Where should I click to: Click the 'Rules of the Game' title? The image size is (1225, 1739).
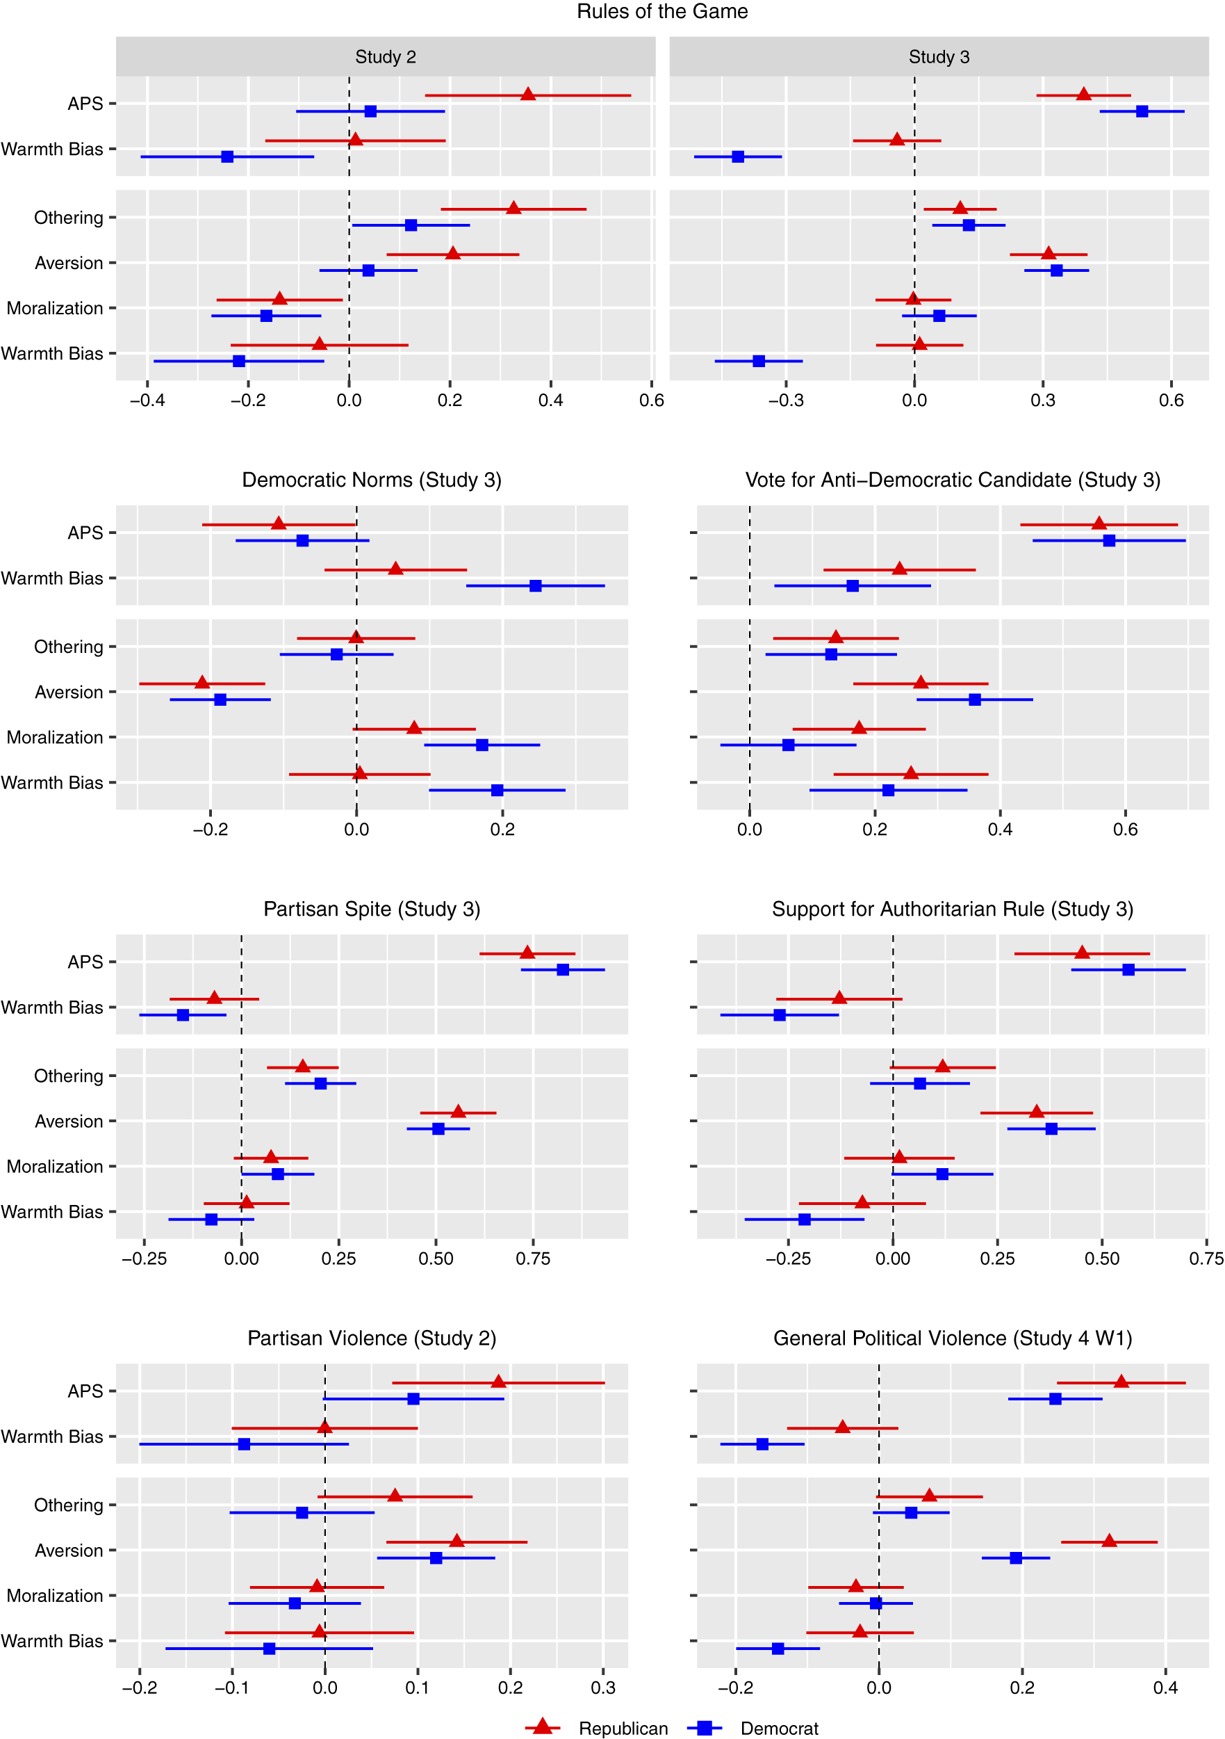coord(661,11)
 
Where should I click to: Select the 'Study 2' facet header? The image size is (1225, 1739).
coord(386,57)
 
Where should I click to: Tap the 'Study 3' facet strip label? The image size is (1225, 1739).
coord(939,57)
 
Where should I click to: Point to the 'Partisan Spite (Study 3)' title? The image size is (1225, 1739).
coord(372,909)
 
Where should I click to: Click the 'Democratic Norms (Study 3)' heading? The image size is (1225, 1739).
coord(372,480)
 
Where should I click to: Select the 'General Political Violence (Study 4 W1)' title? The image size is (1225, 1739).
coord(953,1338)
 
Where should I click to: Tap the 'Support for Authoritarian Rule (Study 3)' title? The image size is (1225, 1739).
coord(953,909)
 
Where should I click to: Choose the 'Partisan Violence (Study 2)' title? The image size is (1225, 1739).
coord(372,1338)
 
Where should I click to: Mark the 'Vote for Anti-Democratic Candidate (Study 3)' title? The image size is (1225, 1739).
coord(953,480)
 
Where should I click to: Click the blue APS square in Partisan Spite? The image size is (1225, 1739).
coord(563,969)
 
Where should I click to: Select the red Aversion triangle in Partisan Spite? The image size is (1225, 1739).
coord(458,1111)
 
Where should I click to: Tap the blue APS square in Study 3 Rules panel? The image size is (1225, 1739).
coord(1142,111)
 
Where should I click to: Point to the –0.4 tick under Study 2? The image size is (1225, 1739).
coord(147,401)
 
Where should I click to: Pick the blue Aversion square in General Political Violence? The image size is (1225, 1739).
coord(1016,1558)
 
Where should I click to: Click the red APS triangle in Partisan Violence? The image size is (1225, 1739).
coord(498,1382)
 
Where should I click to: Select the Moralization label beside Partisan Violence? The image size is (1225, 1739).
coord(54,1596)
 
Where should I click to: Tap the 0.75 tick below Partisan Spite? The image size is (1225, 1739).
coord(533,1259)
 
